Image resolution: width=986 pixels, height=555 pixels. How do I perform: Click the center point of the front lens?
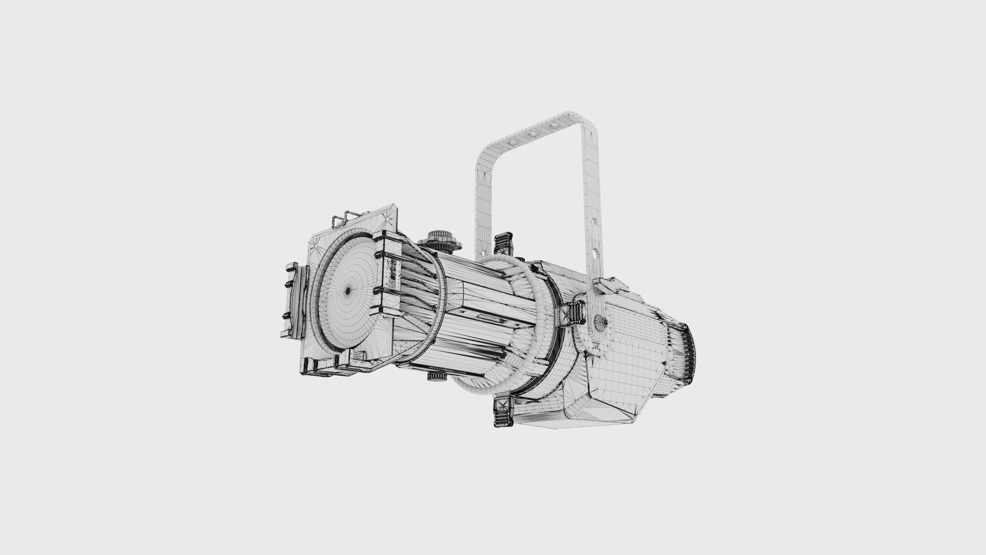click(x=348, y=291)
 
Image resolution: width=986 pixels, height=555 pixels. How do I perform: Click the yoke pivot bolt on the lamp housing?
click(x=600, y=322)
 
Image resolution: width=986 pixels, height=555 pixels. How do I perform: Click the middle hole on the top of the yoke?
click(x=532, y=135)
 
